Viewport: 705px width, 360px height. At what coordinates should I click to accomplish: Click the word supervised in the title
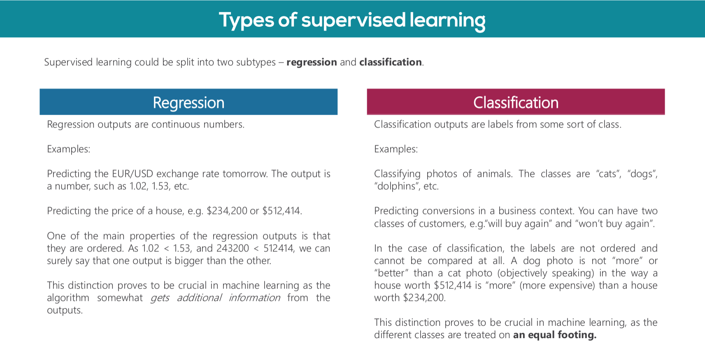pos(353,20)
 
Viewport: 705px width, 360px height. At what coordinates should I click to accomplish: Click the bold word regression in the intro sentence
pos(312,62)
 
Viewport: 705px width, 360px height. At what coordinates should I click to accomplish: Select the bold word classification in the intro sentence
pos(391,62)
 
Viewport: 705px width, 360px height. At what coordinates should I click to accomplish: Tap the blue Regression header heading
pos(188,102)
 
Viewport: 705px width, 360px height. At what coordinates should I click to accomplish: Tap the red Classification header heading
pos(516,102)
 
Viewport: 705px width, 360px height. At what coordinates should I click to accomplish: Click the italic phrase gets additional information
pos(215,298)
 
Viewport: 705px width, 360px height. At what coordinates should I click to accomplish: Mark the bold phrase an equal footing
pos(554,335)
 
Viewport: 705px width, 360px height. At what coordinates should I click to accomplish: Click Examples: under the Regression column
pos(69,149)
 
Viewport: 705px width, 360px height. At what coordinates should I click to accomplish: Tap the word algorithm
pos(68,298)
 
